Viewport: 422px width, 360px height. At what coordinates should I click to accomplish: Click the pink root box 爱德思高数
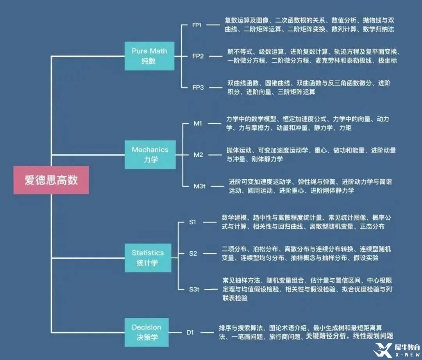(51, 180)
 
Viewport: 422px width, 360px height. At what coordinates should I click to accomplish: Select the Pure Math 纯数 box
(149, 56)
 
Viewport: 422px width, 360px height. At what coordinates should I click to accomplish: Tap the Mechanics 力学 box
(150, 154)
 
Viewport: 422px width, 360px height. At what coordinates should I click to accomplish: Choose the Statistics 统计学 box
(148, 258)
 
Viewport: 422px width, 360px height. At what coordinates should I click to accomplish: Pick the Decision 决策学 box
(147, 332)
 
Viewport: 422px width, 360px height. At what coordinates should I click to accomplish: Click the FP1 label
(197, 25)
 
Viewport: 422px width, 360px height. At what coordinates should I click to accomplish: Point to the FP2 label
(198, 56)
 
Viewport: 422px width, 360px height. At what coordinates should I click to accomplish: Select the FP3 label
(198, 88)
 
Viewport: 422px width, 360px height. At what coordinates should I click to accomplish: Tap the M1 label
(198, 124)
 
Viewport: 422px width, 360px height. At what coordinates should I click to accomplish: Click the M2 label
(198, 155)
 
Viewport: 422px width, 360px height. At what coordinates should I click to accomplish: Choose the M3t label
(199, 186)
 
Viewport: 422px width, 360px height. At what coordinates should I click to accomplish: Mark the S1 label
(193, 222)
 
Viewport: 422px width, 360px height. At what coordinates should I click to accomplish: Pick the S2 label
(193, 253)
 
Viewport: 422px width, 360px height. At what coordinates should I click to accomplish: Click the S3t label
(194, 289)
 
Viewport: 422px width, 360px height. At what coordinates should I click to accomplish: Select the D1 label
(190, 333)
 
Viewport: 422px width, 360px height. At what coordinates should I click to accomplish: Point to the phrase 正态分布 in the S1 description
(372, 227)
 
